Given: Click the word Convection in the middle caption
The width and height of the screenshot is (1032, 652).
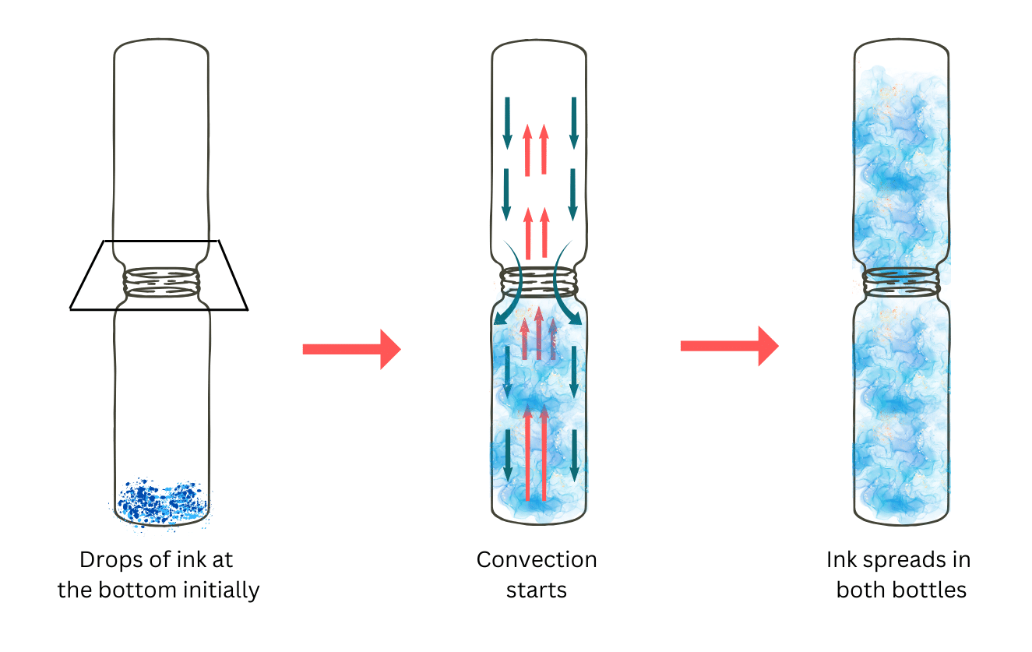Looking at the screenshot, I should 537,560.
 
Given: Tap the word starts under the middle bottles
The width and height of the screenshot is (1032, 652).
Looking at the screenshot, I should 537,590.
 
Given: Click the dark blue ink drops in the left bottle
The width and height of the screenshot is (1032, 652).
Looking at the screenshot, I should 160,500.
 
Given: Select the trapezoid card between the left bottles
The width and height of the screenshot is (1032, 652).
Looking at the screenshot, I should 90,292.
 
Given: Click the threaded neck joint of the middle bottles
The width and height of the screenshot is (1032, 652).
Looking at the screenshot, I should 537,282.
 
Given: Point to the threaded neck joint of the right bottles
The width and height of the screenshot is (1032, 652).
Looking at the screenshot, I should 902,282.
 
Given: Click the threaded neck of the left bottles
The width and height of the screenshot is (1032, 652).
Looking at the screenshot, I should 160,282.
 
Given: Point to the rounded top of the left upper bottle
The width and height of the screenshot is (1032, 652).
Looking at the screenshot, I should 161,45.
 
